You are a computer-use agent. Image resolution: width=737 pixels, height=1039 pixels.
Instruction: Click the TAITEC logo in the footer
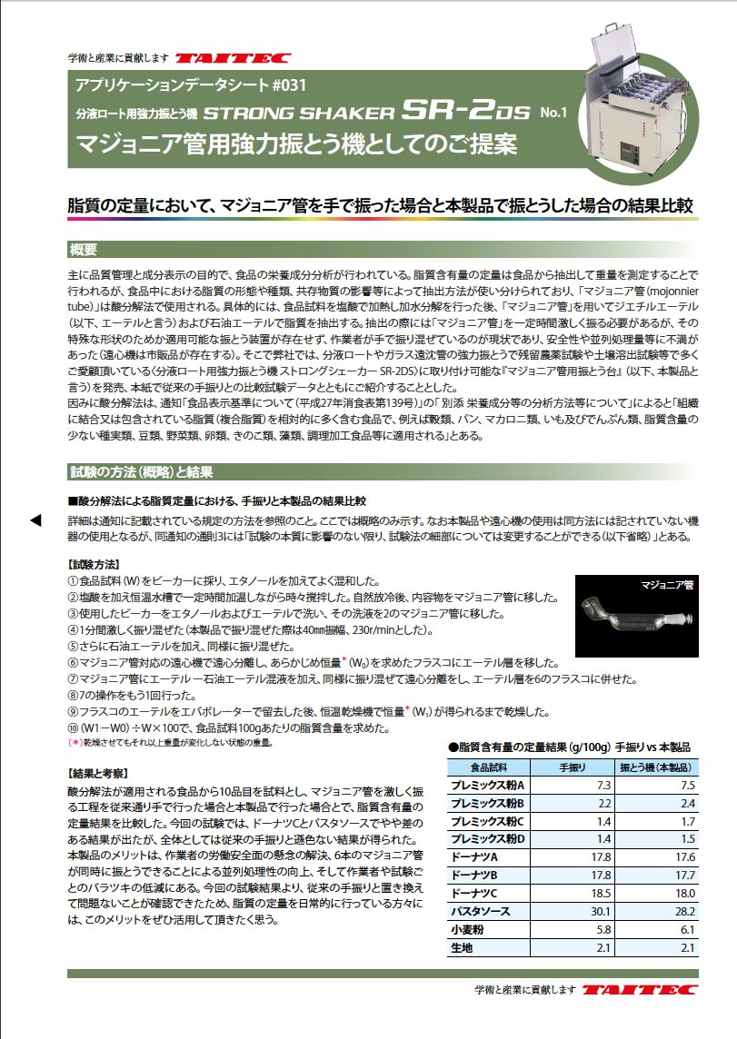click(642, 988)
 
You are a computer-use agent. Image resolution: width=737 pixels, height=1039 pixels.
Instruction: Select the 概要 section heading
click(89, 250)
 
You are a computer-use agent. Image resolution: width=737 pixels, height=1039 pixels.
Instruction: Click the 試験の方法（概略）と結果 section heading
click(141, 471)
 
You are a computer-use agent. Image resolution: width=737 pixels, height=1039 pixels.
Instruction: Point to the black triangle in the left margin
click(36, 519)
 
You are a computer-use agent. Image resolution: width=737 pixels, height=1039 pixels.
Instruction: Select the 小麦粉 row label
click(469, 930)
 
